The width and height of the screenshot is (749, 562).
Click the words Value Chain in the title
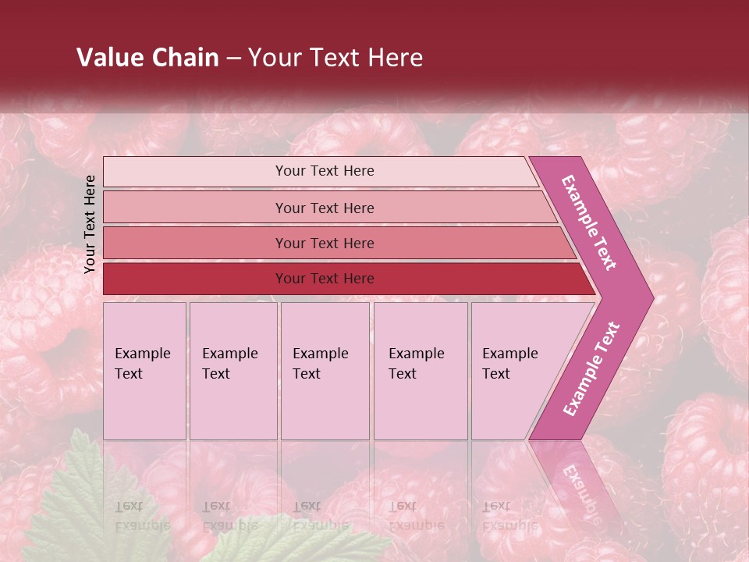(147, 58)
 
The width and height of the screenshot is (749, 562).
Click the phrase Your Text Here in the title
(335, 58)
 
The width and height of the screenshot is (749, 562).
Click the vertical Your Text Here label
(90, 224)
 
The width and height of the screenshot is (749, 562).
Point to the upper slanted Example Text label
(589, 222)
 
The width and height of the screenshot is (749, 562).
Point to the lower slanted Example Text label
(591, 368)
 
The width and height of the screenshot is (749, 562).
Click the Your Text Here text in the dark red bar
(325, 279)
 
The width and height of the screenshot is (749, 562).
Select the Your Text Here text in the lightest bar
(325, 171)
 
